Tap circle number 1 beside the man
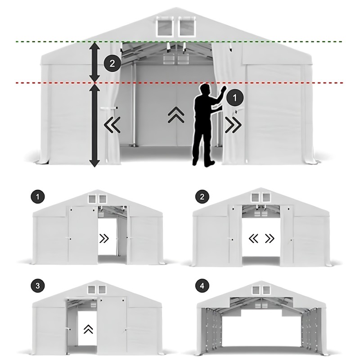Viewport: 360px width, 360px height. click(234, 98)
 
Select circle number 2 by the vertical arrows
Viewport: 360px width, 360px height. click(112, 63)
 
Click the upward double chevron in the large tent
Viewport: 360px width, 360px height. click(176, 115)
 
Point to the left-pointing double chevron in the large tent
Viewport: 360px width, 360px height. click(112, 125)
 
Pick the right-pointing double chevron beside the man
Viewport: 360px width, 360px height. click(233, 125)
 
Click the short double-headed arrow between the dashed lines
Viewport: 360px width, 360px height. click(94, 62)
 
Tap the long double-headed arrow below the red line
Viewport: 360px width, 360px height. click(94, 126)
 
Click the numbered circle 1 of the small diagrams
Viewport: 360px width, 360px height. click(38, 197)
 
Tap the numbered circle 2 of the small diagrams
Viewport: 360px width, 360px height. click(202, 197)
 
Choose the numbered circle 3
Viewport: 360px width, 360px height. click(38, 286)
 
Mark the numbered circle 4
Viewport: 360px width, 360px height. click(202, 286)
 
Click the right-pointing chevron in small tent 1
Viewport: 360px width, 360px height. click(104, 239)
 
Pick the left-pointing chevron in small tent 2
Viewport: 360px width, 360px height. click(253, 239)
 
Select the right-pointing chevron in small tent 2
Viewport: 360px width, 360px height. click(270, 239)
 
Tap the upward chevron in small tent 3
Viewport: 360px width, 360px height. click(89, 329)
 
